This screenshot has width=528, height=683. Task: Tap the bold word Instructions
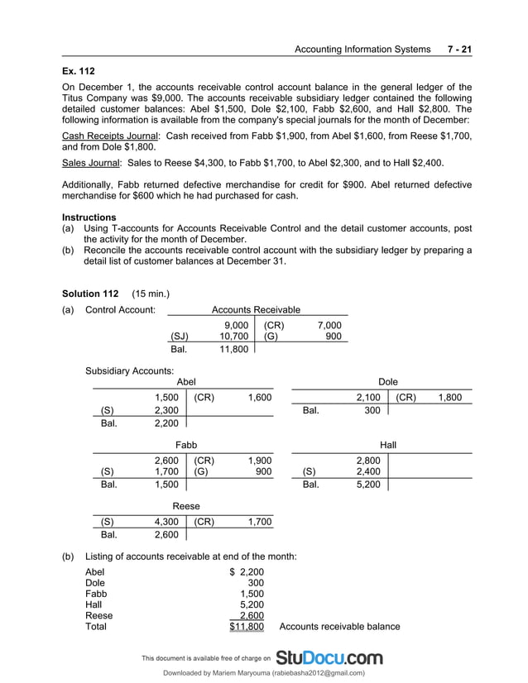(89, 217)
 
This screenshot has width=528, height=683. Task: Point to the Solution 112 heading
(91, 294)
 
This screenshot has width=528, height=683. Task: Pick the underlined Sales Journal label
(92, 162)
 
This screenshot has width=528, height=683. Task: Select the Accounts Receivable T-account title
(256, 309)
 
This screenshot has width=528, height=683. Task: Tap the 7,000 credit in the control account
(329, 325)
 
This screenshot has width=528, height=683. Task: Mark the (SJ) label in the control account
(179, 337)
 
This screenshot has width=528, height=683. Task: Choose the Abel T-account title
(186, 382)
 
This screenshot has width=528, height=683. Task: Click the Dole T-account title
(388, 382)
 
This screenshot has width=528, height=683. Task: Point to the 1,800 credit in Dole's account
(449, 398)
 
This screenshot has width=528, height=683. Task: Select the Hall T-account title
(388, 445)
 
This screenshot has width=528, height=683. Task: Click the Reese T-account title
(185, 506)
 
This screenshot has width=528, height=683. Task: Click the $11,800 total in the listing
(247, 627)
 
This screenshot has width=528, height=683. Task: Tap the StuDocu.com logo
(329, 658)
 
